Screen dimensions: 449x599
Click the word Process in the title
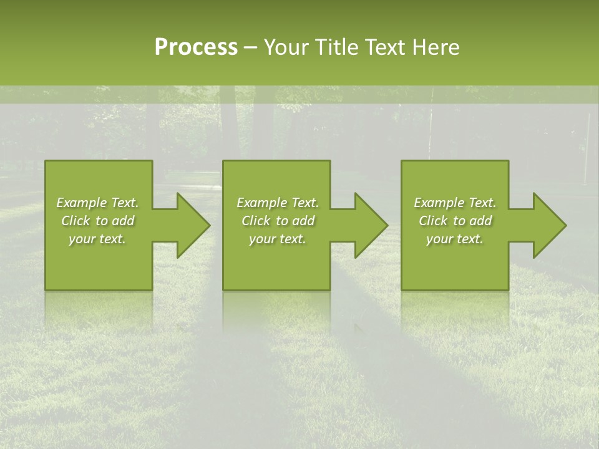tap(196, 47)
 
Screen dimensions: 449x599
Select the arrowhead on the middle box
tap(364, 225)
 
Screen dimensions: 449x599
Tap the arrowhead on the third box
tap(543, 225)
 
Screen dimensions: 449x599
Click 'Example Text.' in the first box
tap(97, 203)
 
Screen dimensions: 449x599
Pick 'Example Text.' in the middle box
tap(278, 203)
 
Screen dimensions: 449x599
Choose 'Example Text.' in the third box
tap(455, 203)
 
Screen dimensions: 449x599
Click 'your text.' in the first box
tap(97, 239)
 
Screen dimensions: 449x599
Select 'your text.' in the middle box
tap(278, 239)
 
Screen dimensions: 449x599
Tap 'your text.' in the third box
tap(455, 239)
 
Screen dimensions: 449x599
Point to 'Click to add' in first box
tap(97, 221)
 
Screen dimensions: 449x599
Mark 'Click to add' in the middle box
tap(278, 221)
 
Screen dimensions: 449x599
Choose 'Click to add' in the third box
tap(455, 221)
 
